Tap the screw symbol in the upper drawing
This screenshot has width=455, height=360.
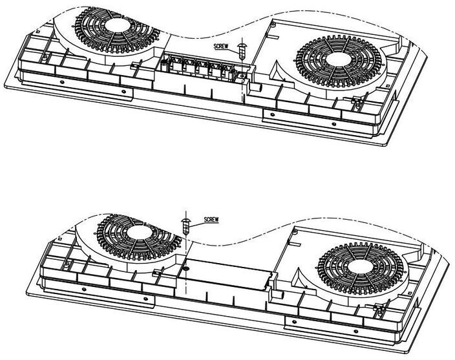point(242,50)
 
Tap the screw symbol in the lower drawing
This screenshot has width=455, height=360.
point(185,226)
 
